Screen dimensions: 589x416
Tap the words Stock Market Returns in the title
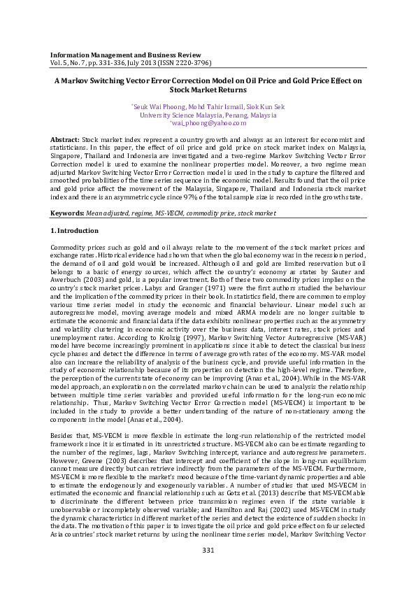208,90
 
